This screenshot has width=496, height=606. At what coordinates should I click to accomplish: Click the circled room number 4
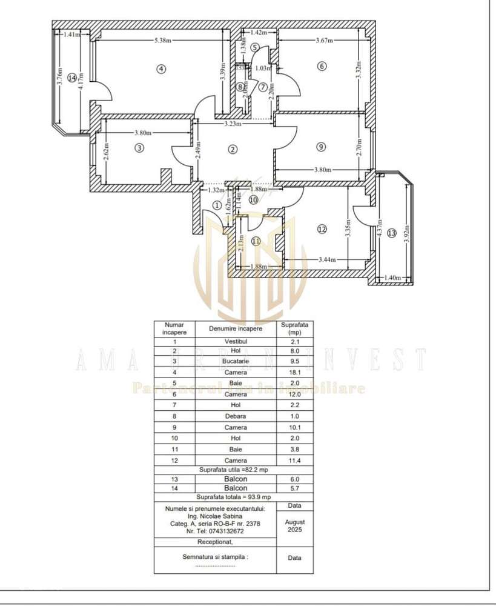[160, 68]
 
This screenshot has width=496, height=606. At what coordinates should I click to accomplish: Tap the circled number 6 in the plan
[322, 66]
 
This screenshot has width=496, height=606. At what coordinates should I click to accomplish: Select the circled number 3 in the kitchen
[139, 147]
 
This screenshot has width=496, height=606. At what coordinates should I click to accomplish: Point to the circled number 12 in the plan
[322, 228]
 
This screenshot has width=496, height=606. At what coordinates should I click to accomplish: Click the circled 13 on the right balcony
[391, 233]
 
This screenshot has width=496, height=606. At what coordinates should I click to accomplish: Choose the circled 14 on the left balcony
[72, 78]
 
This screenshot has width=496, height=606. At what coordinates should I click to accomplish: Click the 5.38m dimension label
[162, 41]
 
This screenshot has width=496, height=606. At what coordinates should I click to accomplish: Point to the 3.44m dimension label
[328, 259]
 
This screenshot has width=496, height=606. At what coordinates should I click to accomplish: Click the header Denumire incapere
[236, 328]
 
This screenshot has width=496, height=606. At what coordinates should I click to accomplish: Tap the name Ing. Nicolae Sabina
[215, 516]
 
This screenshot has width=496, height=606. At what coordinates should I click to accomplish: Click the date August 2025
[295, 525]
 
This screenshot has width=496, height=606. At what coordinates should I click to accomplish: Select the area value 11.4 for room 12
[295, 461]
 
